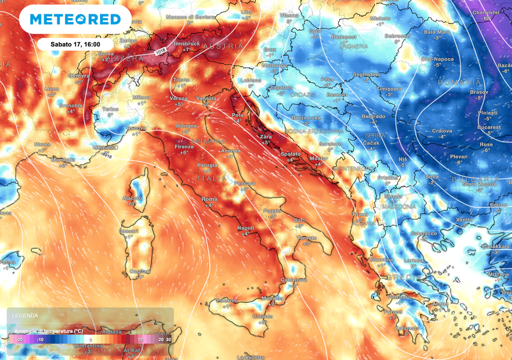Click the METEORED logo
(75, 19)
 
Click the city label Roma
(209, 199)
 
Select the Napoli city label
(245, 228)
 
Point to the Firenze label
(183, 147)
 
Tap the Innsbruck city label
(186, 44)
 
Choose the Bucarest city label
(488, 127)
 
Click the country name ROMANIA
(459, 82)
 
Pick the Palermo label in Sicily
(226, 300)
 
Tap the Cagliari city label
(137, 271)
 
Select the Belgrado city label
(373, 116)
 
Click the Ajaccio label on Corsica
(132, 198)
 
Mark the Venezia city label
(206, 98)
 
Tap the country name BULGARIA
(474, 179)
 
